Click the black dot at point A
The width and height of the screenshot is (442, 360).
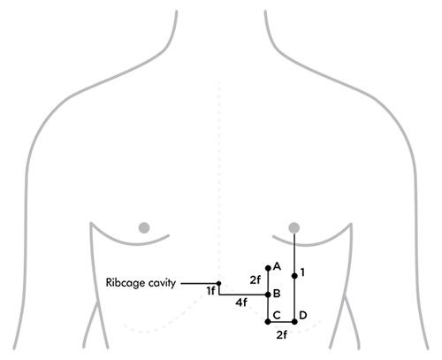[268, 268]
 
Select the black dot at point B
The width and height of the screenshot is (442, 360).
[268, 295]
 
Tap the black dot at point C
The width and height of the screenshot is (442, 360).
[268, 322]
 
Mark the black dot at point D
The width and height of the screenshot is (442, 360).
[294, 322]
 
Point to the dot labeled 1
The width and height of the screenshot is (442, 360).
[294, 276]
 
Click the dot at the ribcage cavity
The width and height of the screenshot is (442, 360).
[218, 283]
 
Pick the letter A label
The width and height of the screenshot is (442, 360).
[277, 266]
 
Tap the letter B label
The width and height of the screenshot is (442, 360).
[277, 294]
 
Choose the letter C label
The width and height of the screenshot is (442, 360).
[277, 315]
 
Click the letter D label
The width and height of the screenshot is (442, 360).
[303, 315]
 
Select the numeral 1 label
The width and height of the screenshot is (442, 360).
[302, 272]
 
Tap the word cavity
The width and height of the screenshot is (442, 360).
[163, 283]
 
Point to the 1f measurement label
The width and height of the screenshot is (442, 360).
[210, 291]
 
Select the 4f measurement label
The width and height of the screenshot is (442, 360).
[241, 303]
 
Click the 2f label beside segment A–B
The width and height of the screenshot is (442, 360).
[255, 280]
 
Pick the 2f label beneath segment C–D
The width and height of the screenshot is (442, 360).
[282, 335]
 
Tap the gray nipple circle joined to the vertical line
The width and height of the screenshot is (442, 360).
[294, 227]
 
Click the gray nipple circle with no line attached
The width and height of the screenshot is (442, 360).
[144, 227]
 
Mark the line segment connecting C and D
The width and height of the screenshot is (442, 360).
[281, 322]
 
